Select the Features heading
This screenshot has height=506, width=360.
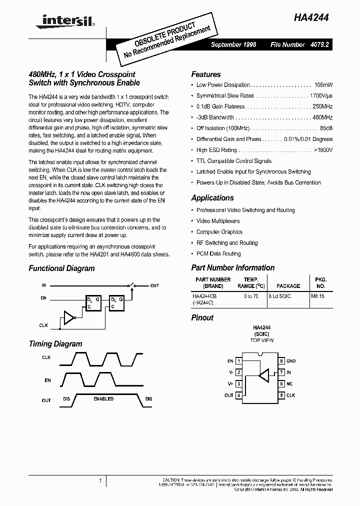pyautogui.click(x=205, y=74)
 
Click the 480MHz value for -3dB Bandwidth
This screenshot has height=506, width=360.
pyautogui.click(x=322, y=117)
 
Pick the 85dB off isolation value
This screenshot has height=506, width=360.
pyautogui.click(x=326, y=128)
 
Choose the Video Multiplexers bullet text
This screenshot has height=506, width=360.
pyautogui.click(x=218, y=221)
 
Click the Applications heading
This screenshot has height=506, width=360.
pyautogui.click(x=212, y=198)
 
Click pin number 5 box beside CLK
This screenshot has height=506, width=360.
pyautogui.click(x=281, y=395)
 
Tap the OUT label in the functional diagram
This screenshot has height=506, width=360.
pyautogui.click(x=154, y=285)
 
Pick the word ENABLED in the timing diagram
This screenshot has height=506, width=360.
pyautogui.click(x=104, y=398)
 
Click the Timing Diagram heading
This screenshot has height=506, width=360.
pyautogui.click(x=55, y=344)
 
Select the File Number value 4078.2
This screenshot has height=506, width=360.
pyautogui.click(x=320, y=44)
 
